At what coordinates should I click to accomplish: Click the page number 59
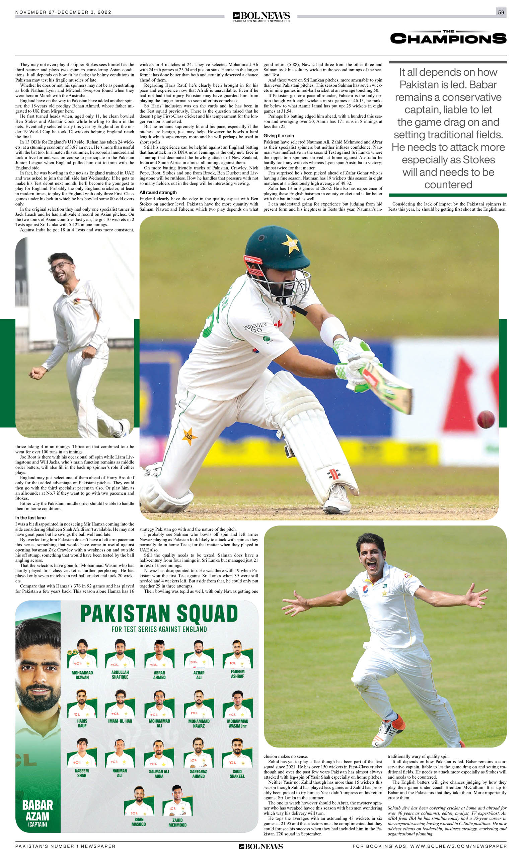[x=501, y=12]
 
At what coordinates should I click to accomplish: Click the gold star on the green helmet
[x=290, y=243]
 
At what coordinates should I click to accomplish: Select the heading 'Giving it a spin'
[x=279, y=136]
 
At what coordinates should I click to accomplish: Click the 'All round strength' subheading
[x=158, y=192]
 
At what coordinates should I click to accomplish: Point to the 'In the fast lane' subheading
[x=30, y=517]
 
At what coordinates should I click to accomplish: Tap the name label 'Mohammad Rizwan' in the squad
[x=82, y=675]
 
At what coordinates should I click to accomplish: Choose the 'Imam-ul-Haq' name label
[x=120, y=721]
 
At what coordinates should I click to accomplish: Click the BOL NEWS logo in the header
[x=261, y=16]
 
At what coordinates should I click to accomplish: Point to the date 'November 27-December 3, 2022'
[x=63, y=12]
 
